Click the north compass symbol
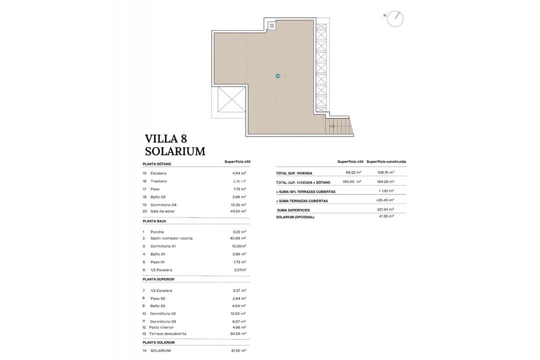[x=395, y=18]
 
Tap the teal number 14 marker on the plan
[x=278, y=76]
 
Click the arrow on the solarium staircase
[x=332, y=126]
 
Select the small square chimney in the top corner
[x=271, y=25]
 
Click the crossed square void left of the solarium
[x=231, y=99]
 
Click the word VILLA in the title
[x=161, y=138]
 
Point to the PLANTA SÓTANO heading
[x=156, y=164]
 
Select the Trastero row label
[x=158, y=181]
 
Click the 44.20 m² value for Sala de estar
[x=238, y=211]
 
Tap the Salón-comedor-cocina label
[x=171, y=238]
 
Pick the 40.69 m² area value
[x=238, y=238]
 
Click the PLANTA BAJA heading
[x=154, y=221]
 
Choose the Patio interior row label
[x=161, y=327]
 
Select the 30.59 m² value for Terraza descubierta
[x=238, y=333]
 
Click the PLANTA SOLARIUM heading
[x=158, y=342]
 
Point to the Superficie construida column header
[x=386, y=161]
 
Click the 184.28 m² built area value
[x=385, y=181]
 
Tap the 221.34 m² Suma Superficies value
[x=385, y=209]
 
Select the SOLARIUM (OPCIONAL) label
[x=295, y=217]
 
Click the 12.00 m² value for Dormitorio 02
[x=238, y=313]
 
